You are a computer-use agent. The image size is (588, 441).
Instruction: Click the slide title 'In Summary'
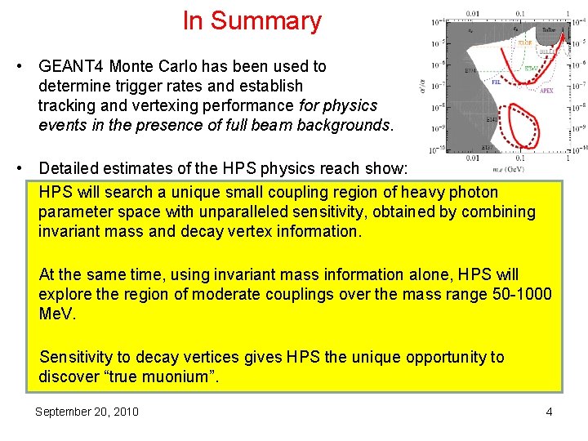252,21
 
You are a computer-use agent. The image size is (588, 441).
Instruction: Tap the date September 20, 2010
87,412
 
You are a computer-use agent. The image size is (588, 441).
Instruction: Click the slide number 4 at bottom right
549,412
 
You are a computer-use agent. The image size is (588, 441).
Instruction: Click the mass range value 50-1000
518,294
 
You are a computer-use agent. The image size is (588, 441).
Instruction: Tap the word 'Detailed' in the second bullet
69,168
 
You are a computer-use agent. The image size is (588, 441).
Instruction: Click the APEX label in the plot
546,91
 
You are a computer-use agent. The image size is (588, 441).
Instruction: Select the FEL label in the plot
495,82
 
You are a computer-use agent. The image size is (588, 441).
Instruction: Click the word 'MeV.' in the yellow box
56,314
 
